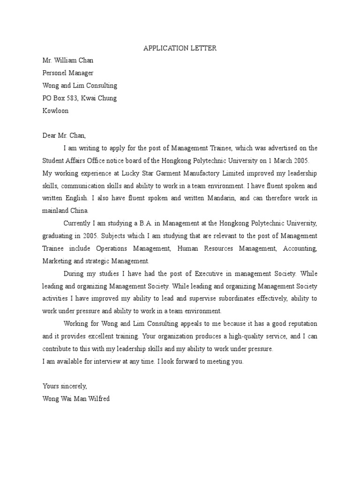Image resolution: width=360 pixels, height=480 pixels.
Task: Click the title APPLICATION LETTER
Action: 180,48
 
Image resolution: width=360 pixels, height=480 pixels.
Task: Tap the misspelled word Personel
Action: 55,73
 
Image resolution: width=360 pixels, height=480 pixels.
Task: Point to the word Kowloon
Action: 55,111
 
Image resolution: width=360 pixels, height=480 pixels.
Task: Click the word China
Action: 78,210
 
